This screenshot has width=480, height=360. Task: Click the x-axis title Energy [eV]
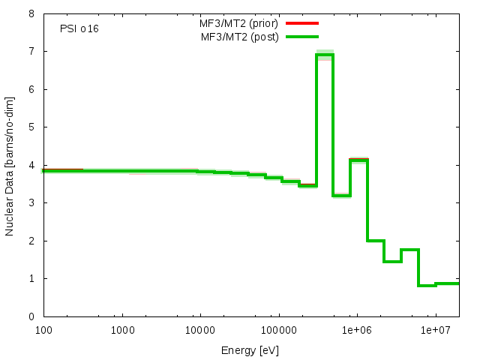[250, 350]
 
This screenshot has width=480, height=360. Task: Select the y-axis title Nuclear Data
[10, 165]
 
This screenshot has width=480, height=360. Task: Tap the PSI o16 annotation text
[79, 28]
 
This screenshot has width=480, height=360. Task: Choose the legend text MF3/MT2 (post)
[239, 37]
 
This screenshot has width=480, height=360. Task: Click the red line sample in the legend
[302, 23]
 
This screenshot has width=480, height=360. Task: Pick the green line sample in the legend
[302, 37]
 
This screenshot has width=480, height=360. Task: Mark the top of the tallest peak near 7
[325, 54]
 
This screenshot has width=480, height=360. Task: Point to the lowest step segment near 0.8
[427, 286]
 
